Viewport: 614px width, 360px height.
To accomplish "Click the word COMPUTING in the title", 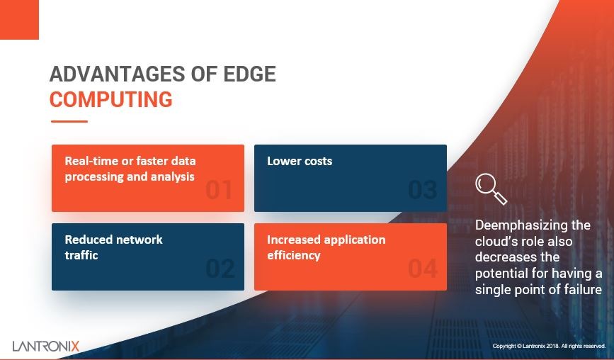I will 110,99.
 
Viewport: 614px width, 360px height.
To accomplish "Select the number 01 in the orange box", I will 219,190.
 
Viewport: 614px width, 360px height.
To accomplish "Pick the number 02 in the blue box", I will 220,269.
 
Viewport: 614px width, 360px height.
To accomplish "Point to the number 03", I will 422,190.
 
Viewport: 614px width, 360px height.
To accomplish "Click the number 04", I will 422,269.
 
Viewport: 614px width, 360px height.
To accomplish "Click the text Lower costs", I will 300,161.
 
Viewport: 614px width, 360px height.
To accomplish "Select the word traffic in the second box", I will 81,255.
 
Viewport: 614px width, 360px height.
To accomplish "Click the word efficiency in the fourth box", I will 294,255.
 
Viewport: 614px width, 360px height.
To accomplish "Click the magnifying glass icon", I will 490,189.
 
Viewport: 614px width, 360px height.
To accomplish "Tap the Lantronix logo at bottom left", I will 46,346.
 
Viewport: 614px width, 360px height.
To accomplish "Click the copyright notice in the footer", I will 549,346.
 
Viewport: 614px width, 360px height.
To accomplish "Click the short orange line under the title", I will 69,121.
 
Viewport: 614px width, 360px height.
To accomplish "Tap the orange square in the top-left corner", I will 19,19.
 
